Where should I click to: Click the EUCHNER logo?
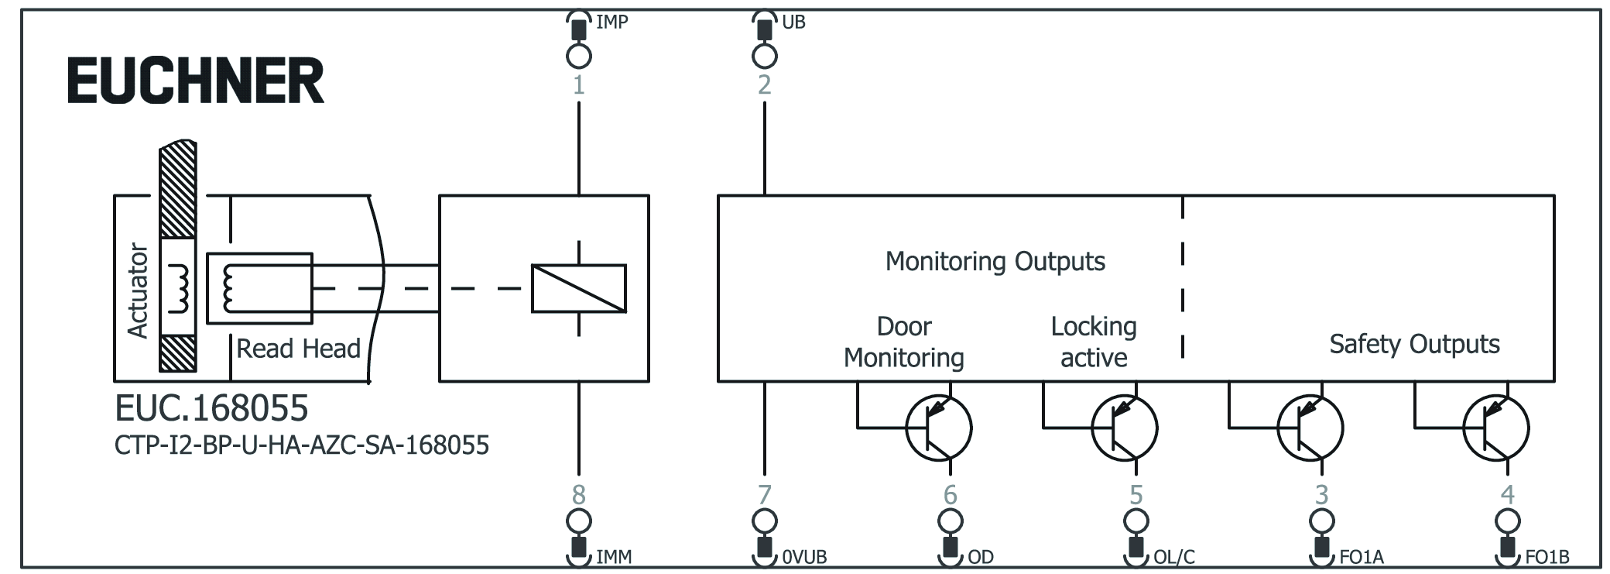[195, 81]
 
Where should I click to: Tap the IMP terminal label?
[611, 22]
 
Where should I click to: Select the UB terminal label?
[793, 22]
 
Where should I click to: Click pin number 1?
[578, 84]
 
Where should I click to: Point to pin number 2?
[764, 84]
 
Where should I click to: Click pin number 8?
[578, 494]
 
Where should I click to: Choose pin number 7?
[764, 494]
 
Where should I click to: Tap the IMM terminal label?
[614, 557]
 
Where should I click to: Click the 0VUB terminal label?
[804, 557]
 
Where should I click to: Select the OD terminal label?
[980, 557]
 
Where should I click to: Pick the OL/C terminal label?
[1173, 557]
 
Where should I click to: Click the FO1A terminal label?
[1361, 557]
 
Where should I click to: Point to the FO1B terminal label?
[1547, 557]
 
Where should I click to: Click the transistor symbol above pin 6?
[939, 428]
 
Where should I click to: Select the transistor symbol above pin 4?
[1495, 428]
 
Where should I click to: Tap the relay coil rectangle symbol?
[578, 289]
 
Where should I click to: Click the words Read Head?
[298, 349]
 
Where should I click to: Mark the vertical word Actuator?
[138, 290]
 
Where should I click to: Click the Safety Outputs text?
[1414, 344]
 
